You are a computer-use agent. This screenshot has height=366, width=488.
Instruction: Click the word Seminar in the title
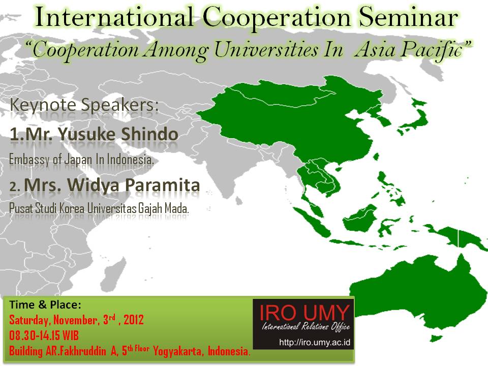tap(408, 18)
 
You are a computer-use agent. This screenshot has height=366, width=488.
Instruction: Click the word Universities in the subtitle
tap(266, 50)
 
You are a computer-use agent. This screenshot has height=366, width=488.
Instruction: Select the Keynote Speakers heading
tap(84, 105)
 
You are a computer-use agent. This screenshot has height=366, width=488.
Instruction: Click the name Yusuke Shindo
tap(118, 134)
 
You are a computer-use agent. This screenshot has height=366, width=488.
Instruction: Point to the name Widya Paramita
tap(134, 185)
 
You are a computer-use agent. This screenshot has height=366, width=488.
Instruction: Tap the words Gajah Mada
tap(163, 208)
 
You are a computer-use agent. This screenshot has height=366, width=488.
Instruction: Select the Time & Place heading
tap(45, 304)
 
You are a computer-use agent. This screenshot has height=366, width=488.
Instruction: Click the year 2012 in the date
tap(134, 320)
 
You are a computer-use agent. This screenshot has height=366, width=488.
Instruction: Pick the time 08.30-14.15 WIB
tap(44, 335)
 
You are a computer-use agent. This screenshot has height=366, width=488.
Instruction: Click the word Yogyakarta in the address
tap(177, 351)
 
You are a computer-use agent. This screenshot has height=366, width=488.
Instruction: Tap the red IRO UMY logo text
tap(304, 312)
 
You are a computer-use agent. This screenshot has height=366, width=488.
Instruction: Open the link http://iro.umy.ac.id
tap(315, 343)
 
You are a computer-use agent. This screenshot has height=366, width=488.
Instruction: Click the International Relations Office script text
tap(306, 326)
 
